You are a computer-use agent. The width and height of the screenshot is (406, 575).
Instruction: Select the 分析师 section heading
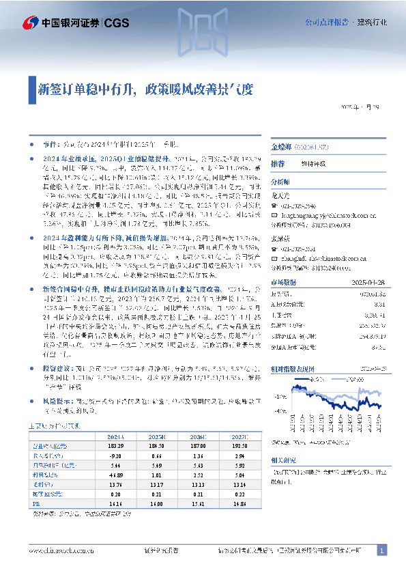pyautogui.click(x=280, y=182)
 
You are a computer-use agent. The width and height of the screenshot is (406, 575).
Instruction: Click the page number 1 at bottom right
pyautogui.click(x=382, y=550)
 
